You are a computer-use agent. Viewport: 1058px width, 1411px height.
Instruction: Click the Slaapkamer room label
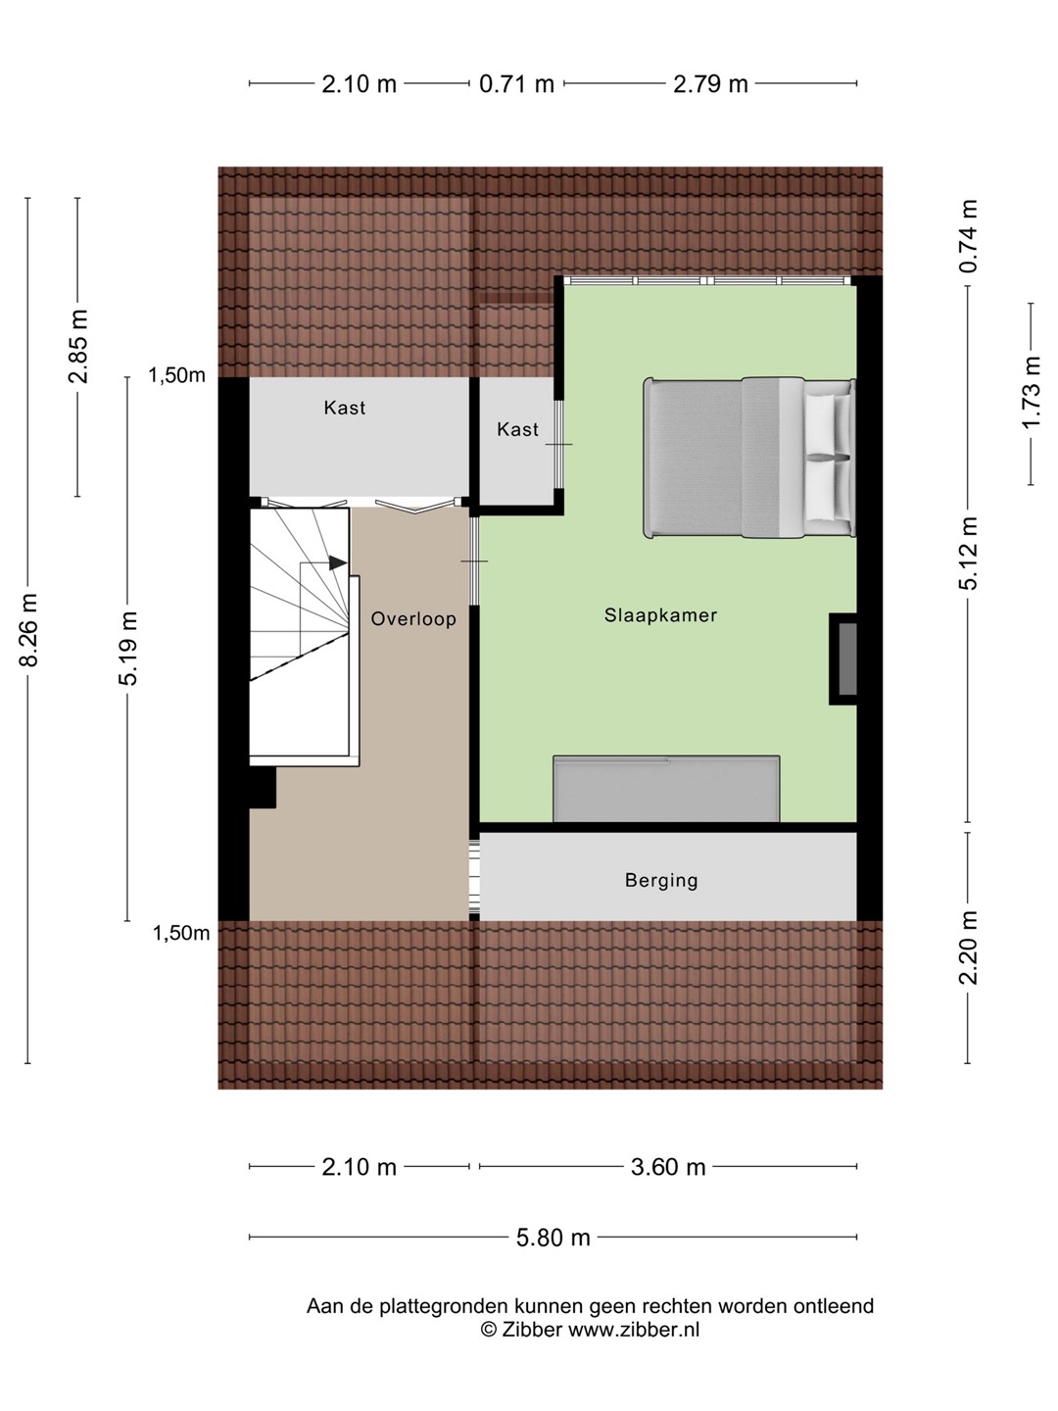660,615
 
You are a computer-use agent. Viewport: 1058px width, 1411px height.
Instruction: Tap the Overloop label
413,619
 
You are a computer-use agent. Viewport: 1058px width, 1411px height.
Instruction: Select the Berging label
661,880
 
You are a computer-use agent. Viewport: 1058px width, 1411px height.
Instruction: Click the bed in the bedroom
749,457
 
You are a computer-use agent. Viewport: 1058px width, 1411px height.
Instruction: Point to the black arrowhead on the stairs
338,562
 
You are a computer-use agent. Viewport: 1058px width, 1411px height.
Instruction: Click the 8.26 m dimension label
29,629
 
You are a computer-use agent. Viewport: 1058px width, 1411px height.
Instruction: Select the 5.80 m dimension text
553,1238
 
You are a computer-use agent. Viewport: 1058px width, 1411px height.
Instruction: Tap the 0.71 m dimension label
516,83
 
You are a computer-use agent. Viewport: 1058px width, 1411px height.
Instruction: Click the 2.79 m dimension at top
710,83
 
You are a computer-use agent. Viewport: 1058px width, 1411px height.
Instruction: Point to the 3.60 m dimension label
668,1167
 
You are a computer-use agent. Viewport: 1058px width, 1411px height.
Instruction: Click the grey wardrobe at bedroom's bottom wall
667,789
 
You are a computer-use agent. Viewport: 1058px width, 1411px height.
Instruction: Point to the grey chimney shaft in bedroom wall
847,658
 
